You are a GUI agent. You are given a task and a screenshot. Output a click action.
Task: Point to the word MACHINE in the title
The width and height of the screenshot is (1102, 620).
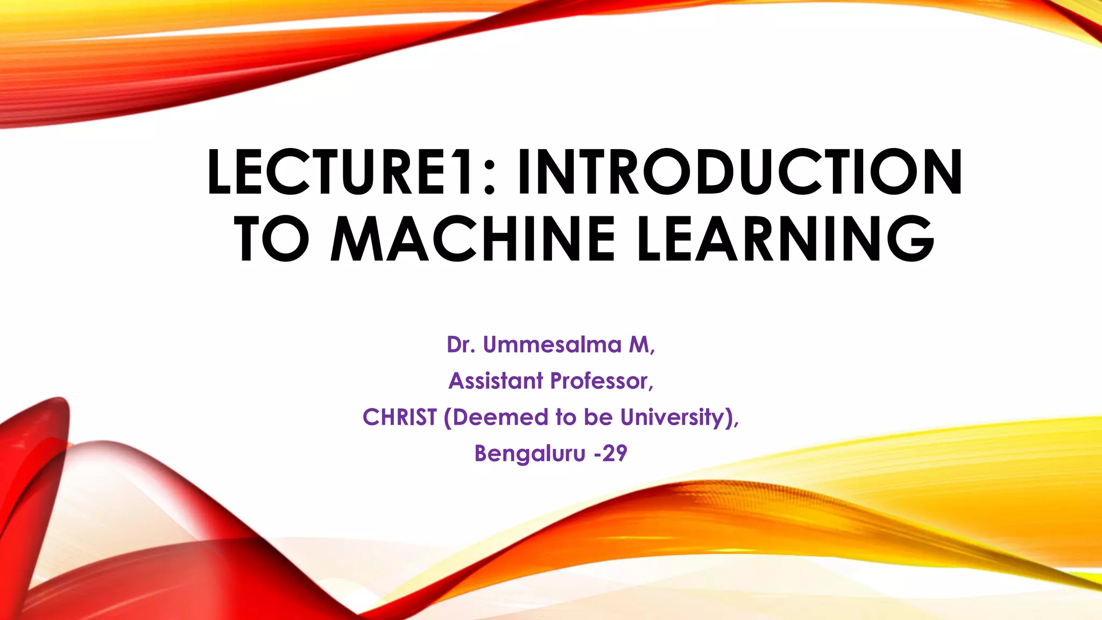pos(472,238)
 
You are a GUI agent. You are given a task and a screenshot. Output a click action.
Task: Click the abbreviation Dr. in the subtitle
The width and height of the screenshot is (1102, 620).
pos(461,344)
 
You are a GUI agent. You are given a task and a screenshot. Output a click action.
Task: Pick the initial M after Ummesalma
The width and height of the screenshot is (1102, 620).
pos(640,344)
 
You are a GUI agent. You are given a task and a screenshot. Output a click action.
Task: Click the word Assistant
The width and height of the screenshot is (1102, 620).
pos(496,381)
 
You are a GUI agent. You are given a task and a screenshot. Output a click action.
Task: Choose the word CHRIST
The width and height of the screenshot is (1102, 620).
pos(400,417)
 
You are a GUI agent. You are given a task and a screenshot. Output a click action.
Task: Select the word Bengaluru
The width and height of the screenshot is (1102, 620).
pos(529,453)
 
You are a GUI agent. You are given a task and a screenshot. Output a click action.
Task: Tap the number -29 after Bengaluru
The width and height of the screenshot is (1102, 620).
pos(611,453)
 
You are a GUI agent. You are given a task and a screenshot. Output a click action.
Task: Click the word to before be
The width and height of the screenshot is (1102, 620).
pos(565,417)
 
